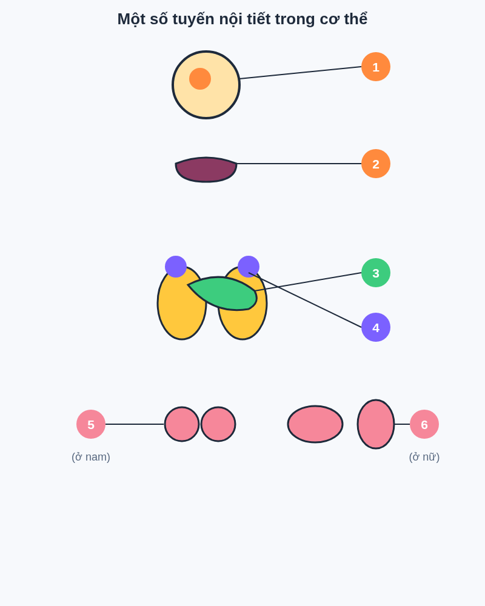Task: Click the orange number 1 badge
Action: (375, 67)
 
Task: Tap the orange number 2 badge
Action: (375, 164)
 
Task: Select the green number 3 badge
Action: (375, 273)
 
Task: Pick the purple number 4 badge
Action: (375, 327)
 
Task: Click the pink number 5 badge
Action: (91, 424)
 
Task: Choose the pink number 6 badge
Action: (424, 424)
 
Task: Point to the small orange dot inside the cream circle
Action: (200, 79)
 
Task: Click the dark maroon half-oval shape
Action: (206, 170)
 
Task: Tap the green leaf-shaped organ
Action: (224, 294)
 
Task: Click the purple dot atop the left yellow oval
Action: (176, 267)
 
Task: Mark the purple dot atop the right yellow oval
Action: (249, 267)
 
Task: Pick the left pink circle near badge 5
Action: (182, 424)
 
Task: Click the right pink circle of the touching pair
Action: (218, 424)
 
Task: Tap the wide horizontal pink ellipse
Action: (315, 424)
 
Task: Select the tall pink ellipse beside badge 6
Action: (376, 424)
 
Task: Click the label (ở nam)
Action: (91, 457)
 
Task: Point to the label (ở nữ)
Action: (424, 457)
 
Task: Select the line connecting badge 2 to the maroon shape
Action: (299, 164)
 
